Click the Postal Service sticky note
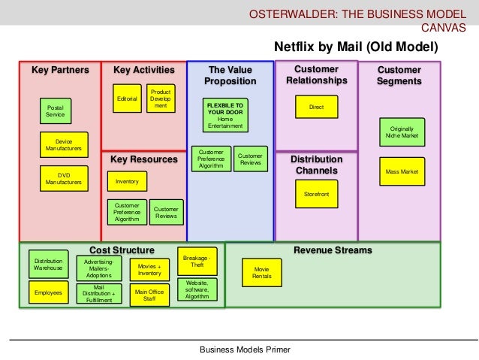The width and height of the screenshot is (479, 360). click(55, 111)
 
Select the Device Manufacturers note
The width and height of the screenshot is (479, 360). click(64, 145)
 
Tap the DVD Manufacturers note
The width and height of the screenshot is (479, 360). click(64, 178)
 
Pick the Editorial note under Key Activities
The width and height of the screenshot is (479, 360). click(126, 98)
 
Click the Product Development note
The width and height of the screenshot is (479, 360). click(161, 98)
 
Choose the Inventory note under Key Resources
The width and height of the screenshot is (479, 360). click(127, 181)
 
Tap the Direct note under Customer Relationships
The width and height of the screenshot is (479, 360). click(316, 107)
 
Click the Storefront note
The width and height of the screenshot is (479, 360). click(316, 194)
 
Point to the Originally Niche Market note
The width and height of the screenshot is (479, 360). click(401, 134)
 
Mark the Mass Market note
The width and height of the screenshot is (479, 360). click(401, 172)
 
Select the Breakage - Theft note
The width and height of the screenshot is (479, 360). click(197, 261)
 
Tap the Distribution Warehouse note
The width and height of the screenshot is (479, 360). click(48, 265)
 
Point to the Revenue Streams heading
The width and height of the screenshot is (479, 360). click(333, 250)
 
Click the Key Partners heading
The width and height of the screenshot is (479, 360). click(60, 71)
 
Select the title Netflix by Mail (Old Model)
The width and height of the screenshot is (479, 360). click(355, 47)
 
